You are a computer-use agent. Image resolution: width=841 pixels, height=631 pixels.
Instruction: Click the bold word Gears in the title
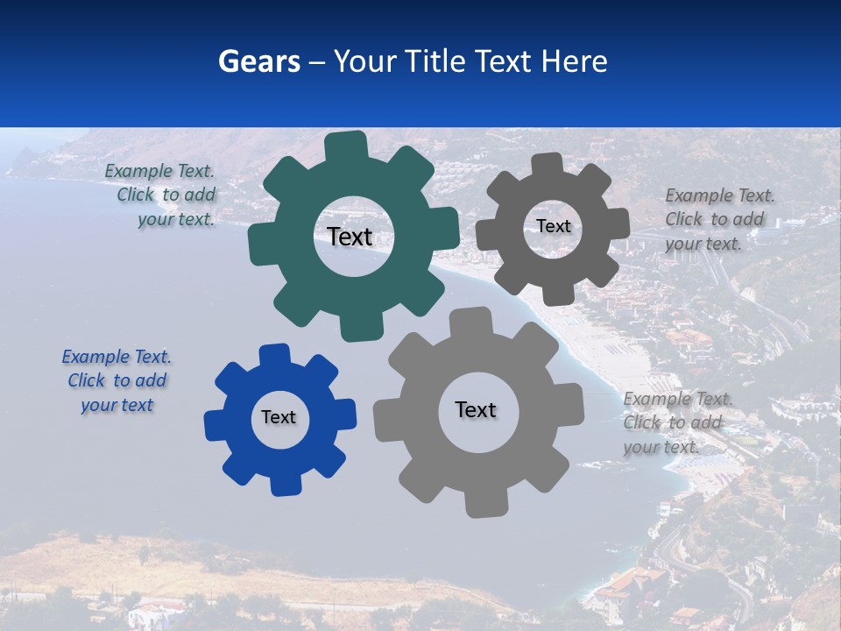tap(258, 61)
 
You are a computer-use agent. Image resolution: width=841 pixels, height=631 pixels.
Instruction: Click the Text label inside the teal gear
tap(350, 237)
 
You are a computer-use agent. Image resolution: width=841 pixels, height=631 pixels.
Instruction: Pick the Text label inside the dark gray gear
tap(553, 226)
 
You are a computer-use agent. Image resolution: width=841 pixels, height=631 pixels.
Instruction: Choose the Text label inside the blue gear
tap(279, 417)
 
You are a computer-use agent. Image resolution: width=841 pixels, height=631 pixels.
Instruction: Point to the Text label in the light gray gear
tap(476, 409)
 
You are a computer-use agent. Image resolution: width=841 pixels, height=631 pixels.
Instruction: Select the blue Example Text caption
tap(117, 380)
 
